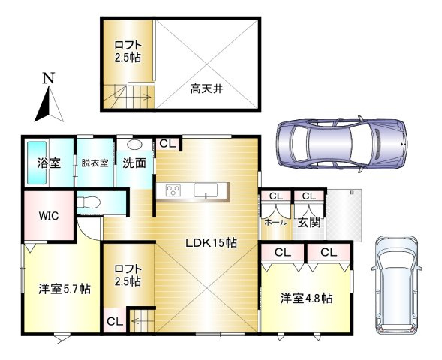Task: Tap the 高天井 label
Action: (205, 88)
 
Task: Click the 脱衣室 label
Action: (95, 162)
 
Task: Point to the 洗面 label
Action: (134, 162)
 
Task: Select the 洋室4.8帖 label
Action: (307, 297)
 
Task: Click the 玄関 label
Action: (308, 222)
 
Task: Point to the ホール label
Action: (275, 223)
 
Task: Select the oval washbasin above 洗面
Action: (135, 145)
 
